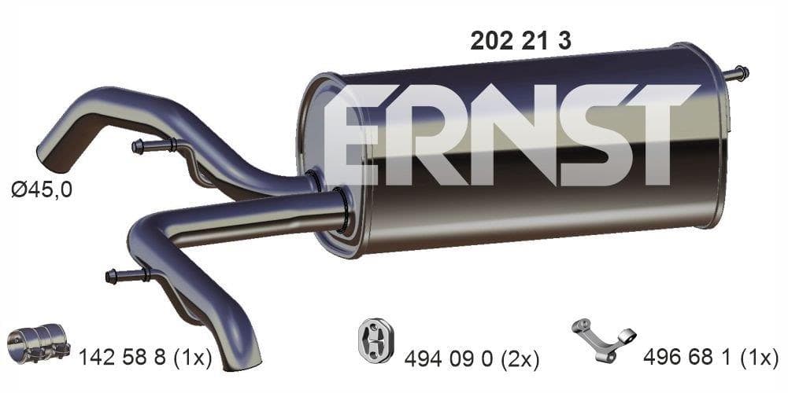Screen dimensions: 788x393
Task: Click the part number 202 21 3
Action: pos(520,41)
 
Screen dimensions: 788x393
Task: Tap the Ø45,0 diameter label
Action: pos(42,190)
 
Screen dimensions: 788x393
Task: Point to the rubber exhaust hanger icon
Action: pos(376,340)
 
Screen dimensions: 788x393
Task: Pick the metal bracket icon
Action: pos(604,340)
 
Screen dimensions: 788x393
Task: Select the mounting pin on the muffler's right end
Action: pos(737,74)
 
